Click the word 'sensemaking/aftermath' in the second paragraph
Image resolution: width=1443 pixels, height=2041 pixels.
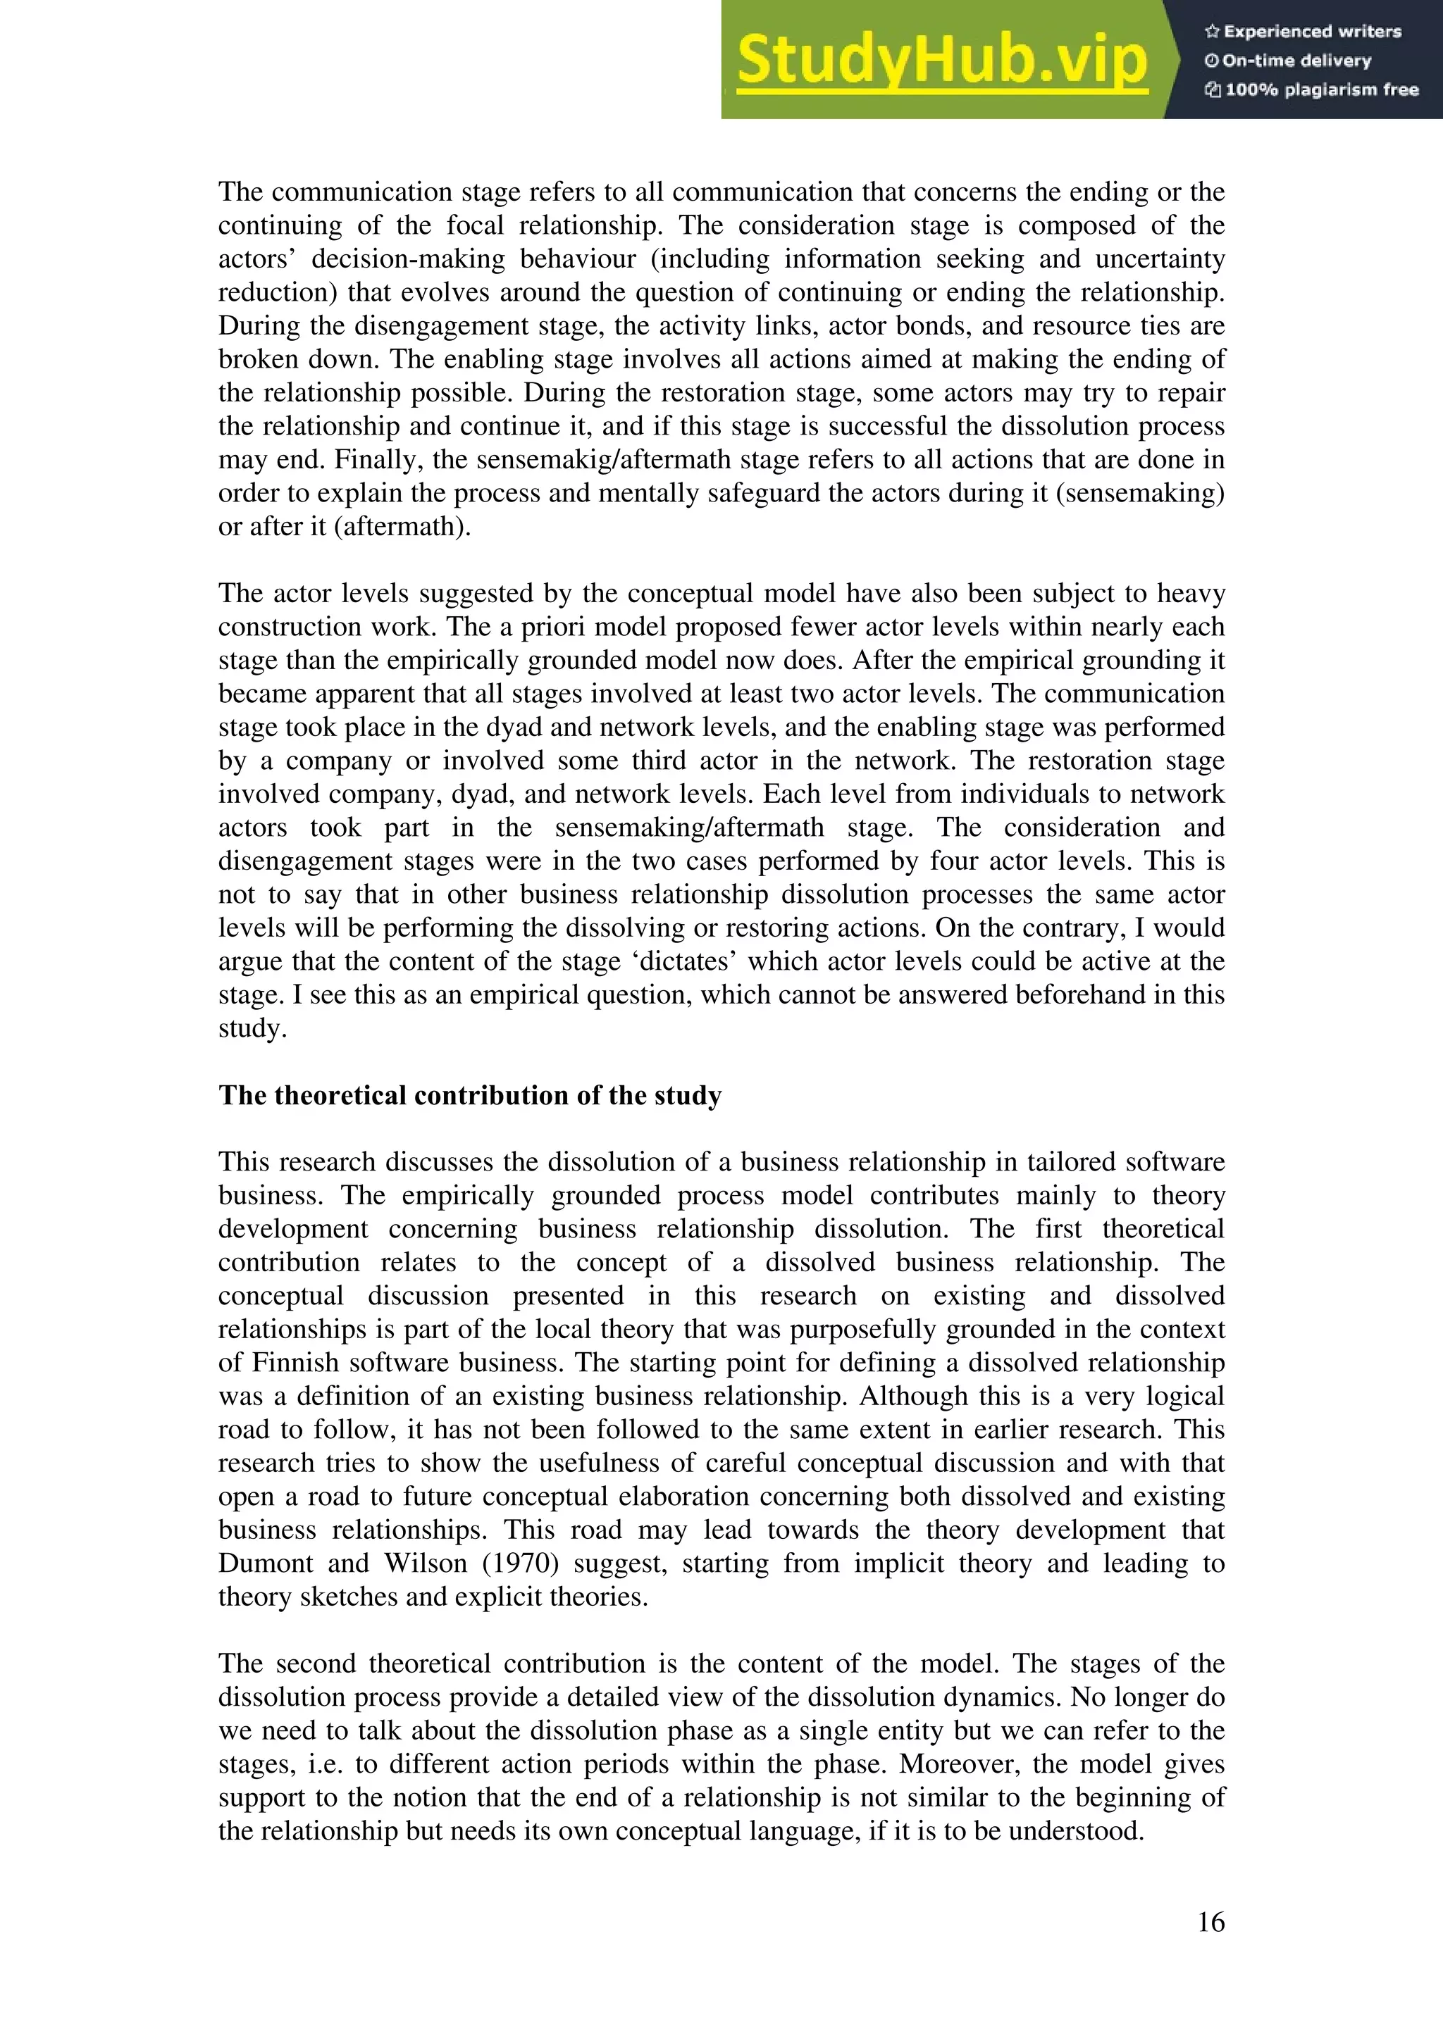coord(689,828)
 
